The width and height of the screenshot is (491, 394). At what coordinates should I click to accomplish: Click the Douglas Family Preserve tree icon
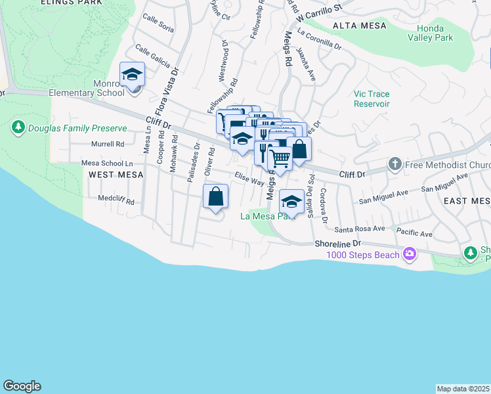tap(18, 127)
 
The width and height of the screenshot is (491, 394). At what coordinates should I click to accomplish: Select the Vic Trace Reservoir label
tap(372, 99)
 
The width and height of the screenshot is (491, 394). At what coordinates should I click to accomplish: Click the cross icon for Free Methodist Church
tap(394, 162)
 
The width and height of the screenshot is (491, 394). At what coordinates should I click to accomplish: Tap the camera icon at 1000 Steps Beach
tap(410, 253)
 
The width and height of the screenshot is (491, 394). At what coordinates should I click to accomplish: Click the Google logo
tap(22, 386)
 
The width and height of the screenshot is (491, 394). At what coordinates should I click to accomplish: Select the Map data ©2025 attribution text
tap(463, 389)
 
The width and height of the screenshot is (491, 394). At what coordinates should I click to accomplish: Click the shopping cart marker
tap(280, 158)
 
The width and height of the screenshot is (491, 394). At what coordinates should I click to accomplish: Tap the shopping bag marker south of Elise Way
tap(215, 196)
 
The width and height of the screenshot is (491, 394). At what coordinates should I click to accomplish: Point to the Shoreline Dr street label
tap(337, 243)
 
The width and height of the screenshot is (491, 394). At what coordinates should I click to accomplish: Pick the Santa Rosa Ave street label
tap(359, 229)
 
